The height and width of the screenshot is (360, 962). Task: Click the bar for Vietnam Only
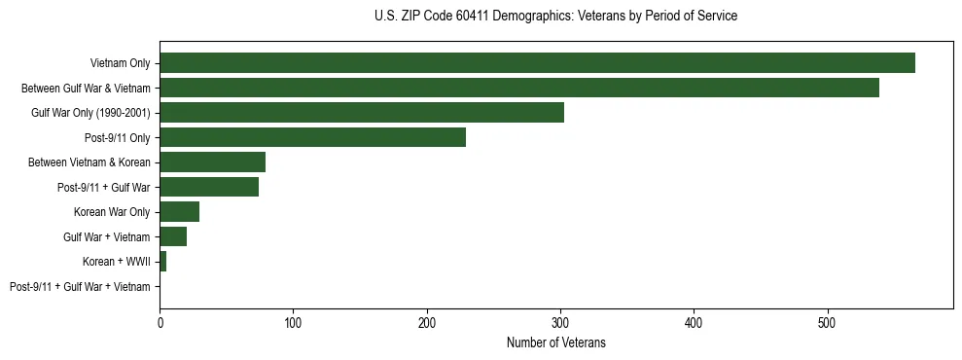[x=537, y=62]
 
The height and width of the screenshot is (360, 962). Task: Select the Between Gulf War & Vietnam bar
[x=519, y=88]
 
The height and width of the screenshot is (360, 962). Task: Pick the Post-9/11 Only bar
[x=312, y=137]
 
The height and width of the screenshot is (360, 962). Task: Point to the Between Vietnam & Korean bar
[x=212, y=162]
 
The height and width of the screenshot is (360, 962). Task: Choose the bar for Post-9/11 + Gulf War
[x=209, y=187]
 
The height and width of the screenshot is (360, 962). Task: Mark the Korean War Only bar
[x=179, y=212]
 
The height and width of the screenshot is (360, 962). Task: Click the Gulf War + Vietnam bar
[x=173, y=236]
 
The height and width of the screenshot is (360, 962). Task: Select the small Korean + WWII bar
[x=162, y=262]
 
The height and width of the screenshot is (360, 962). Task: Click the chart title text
[x=555, y=16]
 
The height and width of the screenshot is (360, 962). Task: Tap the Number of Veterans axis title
[x=555, y=342]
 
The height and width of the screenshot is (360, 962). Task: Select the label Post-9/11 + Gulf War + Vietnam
[x=80, y=287]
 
